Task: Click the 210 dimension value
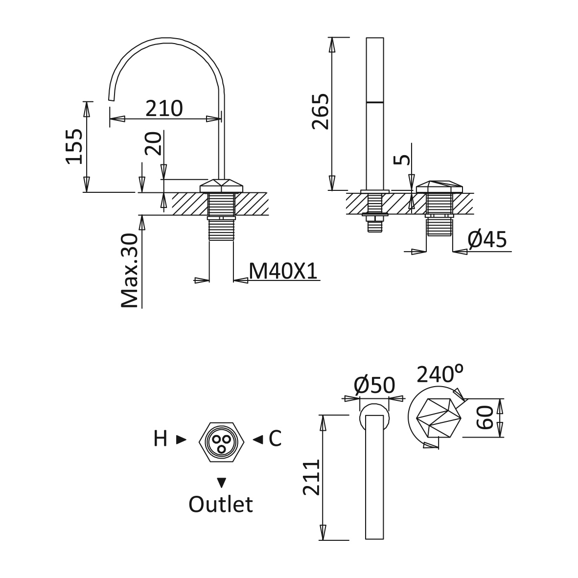(164, 108)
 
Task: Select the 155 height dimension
(74, 146)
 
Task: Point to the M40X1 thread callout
(283, 271)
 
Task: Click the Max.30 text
(129, 270)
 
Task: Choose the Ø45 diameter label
(487, 240)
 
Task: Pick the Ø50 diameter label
(374, 385)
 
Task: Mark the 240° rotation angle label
(440, 374)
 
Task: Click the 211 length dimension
(311, 477)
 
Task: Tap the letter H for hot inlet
(161, 439)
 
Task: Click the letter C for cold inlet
(275, 439)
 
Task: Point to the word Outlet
(220, 504)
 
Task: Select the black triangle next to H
(181, 439)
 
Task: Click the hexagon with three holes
(221, 442)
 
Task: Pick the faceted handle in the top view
(439, 417)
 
